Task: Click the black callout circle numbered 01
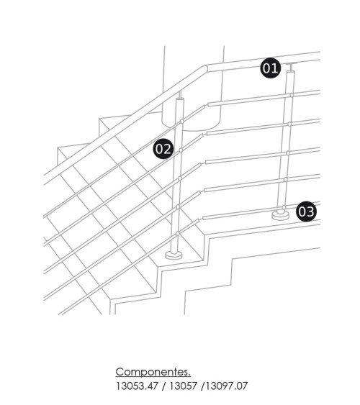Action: [270, 68]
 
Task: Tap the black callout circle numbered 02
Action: [163, 149]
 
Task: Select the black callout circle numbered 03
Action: [306, 211]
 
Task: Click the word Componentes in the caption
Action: [153, 372]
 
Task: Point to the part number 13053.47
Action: [137, 386]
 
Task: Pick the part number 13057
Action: [183, 386]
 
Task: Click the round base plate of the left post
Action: [174, 255]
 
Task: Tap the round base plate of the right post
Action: [280, 215]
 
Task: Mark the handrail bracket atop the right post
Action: [292, 67]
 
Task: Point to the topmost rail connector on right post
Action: [292, 95]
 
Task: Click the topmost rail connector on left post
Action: [181, 121]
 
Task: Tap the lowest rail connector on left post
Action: [178, 234]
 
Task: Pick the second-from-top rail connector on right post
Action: [289, 124]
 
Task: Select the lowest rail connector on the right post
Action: [284, 207]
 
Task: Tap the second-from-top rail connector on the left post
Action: [181, 150]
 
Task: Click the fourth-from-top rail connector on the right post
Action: [286, 179]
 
